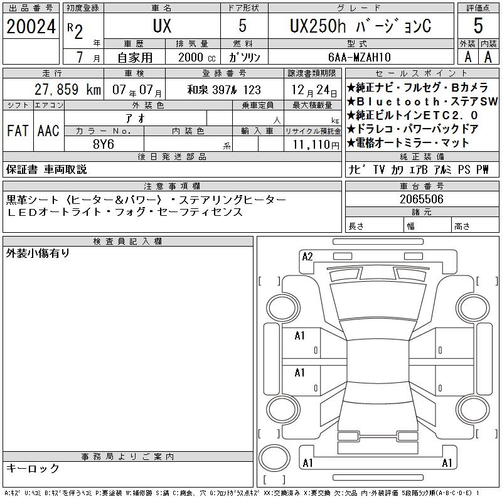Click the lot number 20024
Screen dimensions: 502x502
[31, 26]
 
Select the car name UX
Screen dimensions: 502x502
[162, 26]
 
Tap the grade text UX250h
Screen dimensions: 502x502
[318, 26]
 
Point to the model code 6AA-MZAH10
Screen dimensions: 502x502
[359, 57]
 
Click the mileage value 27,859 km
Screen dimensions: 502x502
[68, 90]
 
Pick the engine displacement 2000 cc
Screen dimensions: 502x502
[196, 57]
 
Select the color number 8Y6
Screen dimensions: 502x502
[104, 144]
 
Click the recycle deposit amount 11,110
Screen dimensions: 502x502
[311, 144]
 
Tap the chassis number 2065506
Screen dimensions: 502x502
[422, 199]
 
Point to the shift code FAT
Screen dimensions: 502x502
[18, 131]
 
